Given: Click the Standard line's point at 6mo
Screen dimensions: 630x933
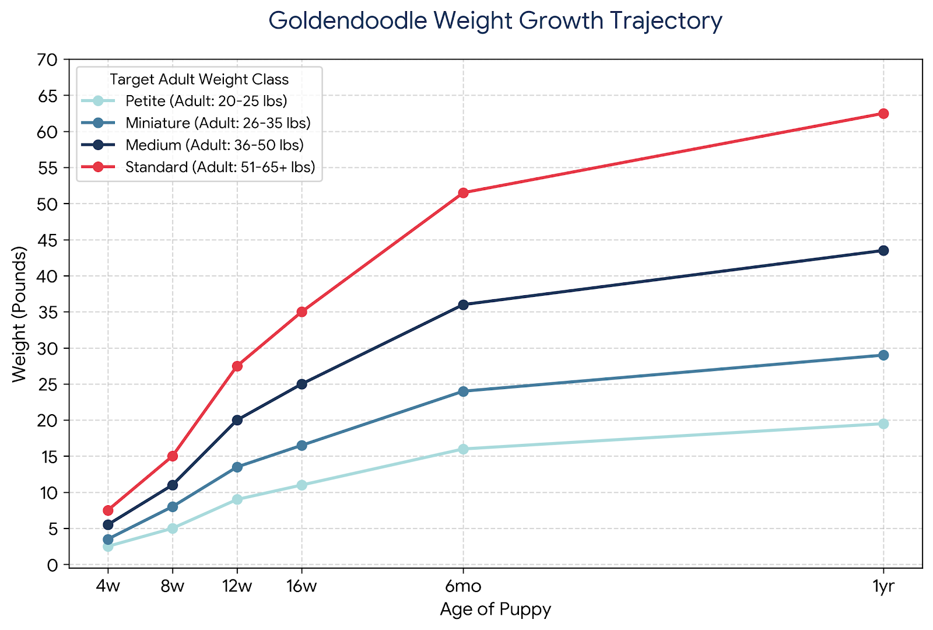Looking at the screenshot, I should (x=463, y=193).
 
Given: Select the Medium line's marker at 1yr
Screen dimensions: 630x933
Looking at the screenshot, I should (x=883, y=251).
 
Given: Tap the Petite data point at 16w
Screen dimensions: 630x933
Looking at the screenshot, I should (x=301, y=485).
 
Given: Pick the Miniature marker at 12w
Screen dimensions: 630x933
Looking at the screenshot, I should (x=237, y=467).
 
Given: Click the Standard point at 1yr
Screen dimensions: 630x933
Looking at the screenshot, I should (x=883, y=114).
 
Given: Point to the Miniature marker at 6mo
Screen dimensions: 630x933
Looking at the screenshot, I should (x=463, y=391).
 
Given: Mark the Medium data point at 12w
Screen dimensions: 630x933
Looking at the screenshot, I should (x=237, y=420).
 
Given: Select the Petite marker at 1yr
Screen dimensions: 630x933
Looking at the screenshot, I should (x=883, y=424).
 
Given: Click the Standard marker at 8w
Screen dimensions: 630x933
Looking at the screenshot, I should (x=173, y=456).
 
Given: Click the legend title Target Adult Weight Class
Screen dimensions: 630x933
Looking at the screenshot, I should (x=199, y=79).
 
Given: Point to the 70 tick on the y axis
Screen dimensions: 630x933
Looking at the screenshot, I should (x=47, y=60).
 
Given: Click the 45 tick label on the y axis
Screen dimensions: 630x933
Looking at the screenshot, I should (x=47, y=240).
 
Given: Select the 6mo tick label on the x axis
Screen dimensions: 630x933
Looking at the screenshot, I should (x=463, y=586).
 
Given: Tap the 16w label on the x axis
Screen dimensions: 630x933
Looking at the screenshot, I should (x=301, y=586).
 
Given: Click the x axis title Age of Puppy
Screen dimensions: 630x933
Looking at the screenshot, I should (x=496, y=610).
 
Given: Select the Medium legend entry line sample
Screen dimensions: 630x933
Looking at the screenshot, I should (x=99, y=145).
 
